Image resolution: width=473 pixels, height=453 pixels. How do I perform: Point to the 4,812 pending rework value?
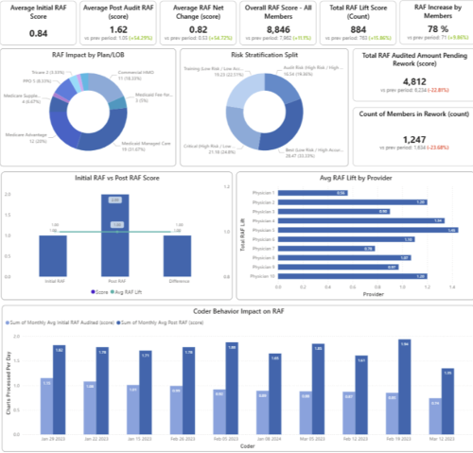point(411,81)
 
